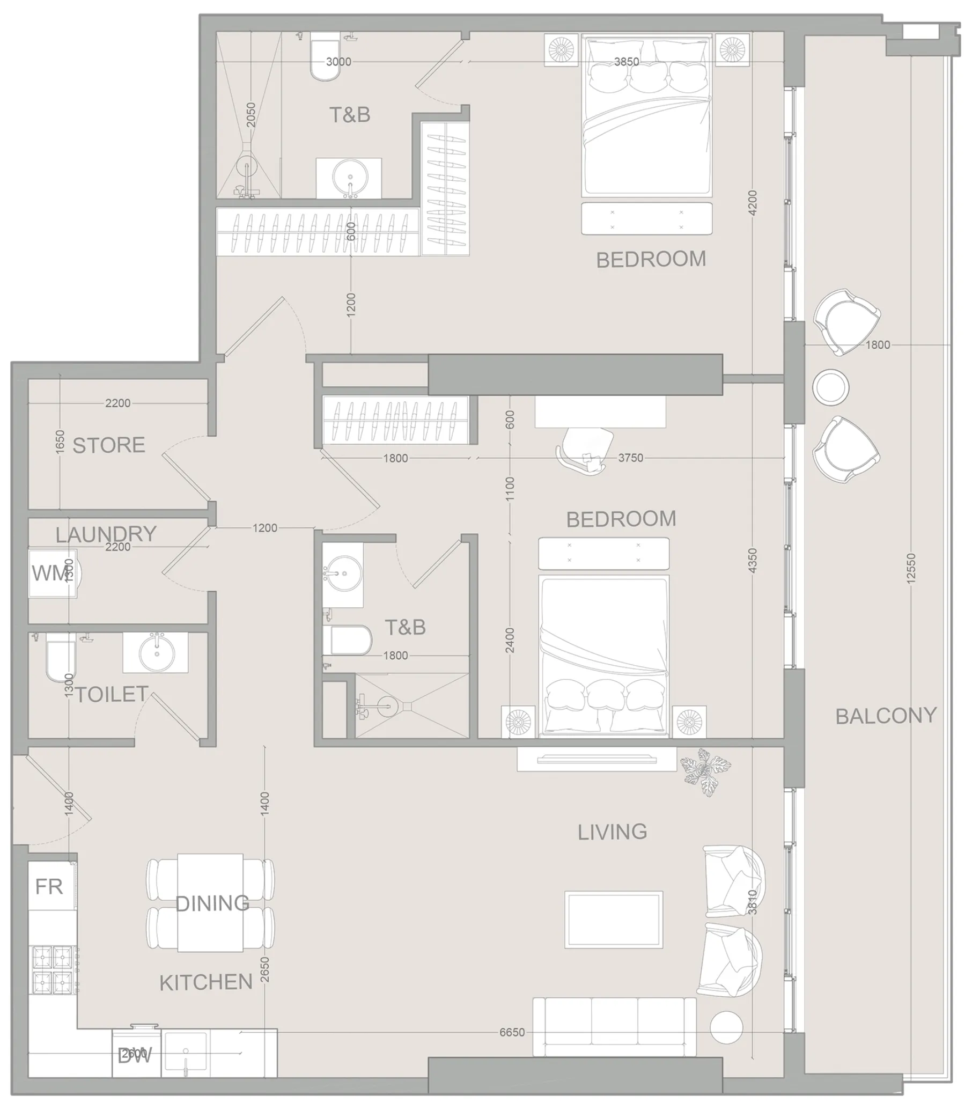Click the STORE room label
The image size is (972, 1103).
click(x=108, y=445)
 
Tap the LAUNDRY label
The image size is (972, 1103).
click(x=106, y=534)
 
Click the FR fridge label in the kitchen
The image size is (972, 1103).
click(x=49, y=887)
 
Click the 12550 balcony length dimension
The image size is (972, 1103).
click(x=911, y=568)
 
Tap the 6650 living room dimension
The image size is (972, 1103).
click(x=511, y=1032)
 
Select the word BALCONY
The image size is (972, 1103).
click(x=886, y=716)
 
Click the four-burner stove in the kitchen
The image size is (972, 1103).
click(x=53, y=970)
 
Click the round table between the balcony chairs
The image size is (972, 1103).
click(x=830, y=387)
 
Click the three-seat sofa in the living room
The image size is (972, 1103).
click(x=614, y=1026)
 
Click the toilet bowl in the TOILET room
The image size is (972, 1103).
click(x=60, y=657)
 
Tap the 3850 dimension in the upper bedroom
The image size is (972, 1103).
click(x=626, y=62)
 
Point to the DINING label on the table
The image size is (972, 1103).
click(x=212, y=903)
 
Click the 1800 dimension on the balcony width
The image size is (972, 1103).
click(x=878, y=344)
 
